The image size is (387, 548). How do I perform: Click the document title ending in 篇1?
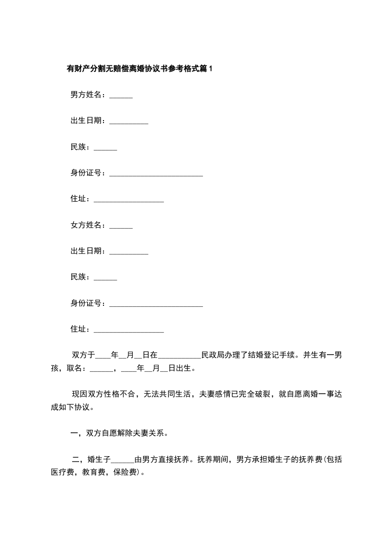140,69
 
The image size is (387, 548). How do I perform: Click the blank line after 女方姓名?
121,227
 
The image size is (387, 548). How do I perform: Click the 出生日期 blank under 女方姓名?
129,253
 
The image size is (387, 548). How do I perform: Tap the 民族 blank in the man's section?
105,149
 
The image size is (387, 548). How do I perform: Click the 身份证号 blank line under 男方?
156,175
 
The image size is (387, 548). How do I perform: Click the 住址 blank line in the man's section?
128,201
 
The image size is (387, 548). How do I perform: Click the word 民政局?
212,355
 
